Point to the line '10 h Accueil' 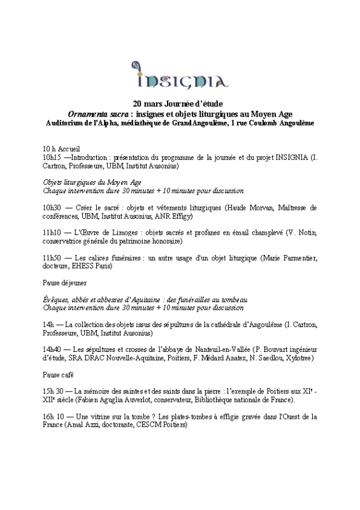62,148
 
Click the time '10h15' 53,157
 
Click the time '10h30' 53,208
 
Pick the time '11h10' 53,233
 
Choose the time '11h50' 53,258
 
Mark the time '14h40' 53,349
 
